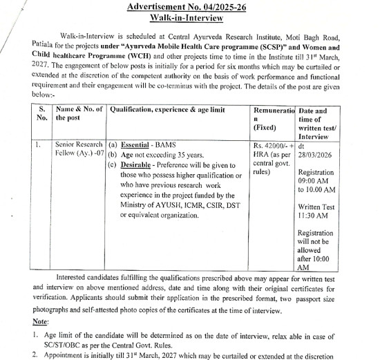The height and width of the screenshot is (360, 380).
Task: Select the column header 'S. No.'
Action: pos(43,114)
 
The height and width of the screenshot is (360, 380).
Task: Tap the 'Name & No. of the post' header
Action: pos(79,114)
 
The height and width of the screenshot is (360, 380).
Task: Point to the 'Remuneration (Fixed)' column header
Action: pos(274,118)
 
